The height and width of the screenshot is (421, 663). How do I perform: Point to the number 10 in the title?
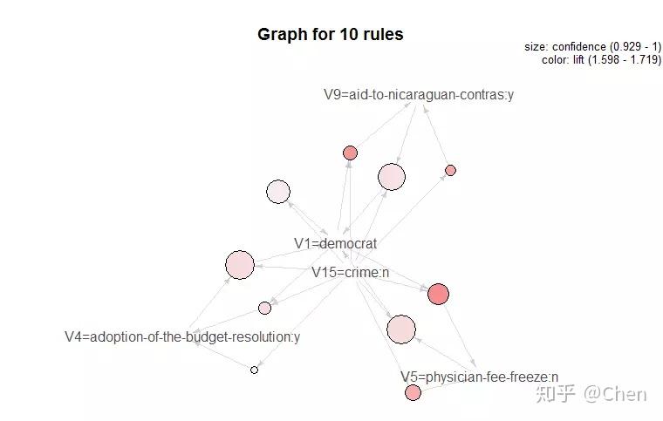[349, 34]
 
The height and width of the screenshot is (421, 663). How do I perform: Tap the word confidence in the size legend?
[579, 46]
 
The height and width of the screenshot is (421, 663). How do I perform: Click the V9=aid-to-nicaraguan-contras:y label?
[419, 95]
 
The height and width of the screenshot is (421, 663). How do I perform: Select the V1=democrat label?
[335, 243]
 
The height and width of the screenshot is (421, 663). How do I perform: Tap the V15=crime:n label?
[350, 272]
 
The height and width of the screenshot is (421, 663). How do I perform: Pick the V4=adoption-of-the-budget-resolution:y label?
[182, 337]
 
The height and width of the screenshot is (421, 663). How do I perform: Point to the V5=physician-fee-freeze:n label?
[480, 377]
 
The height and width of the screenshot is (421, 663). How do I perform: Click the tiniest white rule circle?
[254, 370]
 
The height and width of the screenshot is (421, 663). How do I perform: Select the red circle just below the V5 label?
[414, 393]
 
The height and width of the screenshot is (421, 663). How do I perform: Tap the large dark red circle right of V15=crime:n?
[438, 294]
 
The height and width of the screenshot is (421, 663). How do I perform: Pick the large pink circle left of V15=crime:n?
[240, 265]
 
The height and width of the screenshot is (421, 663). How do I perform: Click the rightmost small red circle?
[451, 170]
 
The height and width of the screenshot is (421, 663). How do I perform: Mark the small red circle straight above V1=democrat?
[350, 153]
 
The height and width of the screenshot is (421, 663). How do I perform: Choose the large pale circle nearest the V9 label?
[392, 177]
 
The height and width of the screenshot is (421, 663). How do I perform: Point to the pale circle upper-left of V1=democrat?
[278, 192]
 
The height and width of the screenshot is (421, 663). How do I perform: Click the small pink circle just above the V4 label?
[264, 308]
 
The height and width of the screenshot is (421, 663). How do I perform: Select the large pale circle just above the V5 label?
[401, 329]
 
